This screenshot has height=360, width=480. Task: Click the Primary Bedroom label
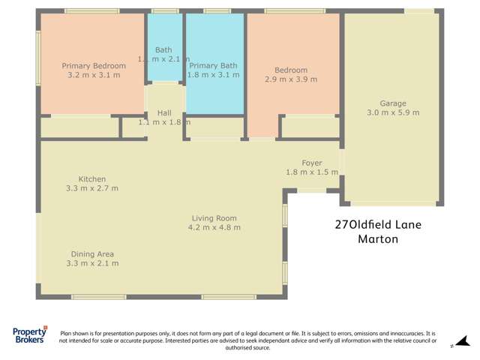tap(94, 66)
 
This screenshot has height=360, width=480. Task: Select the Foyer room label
tap(312, 163)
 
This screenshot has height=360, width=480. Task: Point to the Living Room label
tap(214, 218)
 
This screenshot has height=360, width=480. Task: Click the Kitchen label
tap(92, 179)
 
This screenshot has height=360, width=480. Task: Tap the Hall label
tap(163, 112)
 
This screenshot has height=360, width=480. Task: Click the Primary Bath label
tap(214, 65)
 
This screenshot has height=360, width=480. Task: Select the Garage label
tap(393, 103)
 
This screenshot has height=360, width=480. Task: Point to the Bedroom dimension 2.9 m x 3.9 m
tap(291, 79)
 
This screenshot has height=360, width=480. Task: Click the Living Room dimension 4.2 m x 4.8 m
tap(214, 227)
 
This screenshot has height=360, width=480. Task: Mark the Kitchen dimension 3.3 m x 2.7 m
tap(92, 188)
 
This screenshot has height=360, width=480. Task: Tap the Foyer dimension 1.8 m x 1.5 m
tap(312, 172)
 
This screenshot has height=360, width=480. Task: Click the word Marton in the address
tap(378, 240)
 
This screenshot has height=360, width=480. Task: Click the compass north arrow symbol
tap(462, 341)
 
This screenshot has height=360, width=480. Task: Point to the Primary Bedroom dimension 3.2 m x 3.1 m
tap(94, 75)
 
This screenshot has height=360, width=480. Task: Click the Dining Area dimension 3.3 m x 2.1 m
tap(92, 263)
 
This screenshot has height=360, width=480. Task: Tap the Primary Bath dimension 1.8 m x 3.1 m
tap(214, 75)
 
